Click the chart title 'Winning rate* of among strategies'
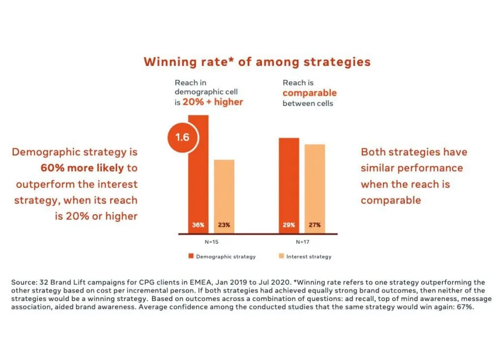click(x=257, y=61)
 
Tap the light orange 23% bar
click(x=224, y=197)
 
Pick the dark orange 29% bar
click(x=289, y=185)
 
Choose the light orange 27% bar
click(x=315, y=189)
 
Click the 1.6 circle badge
click(x=183, y=137)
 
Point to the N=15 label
click(x=212, y=242)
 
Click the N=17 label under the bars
click(x=303, y=242)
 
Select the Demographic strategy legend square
click(x=191, y=256)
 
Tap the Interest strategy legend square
click(x=281, y=256)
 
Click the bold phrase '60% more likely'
click(x=82, y=168)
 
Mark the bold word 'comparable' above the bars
click(x=310, y=93)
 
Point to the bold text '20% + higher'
click(x=213, y=102)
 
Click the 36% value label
click(x=198, y=225)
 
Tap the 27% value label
click(x=315, y=225)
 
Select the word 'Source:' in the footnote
click(x=24, y=282)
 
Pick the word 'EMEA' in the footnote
click(x=201, y=282)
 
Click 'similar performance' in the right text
click(x=412, y=168)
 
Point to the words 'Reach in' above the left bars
click(x=190, y=83)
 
